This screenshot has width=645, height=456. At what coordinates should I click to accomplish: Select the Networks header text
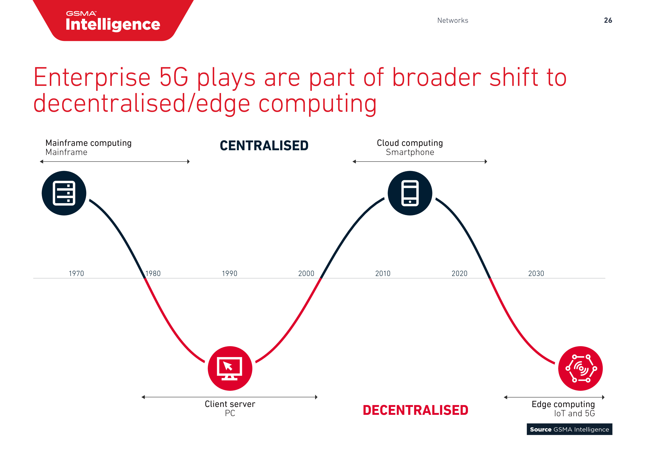(452, 21)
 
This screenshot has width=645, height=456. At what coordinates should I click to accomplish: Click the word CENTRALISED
(264, 146)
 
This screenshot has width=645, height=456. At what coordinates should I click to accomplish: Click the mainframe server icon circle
(64, 193)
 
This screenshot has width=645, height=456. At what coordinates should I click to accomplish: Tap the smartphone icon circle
(410, 193)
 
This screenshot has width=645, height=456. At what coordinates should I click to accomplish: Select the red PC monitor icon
(230, 368)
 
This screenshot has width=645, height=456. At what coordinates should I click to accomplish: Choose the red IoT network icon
(580, 368)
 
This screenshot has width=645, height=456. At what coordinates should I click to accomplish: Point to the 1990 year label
(229, 273)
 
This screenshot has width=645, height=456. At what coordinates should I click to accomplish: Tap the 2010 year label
(383, 273)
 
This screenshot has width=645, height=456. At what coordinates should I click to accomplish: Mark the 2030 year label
(536, 273)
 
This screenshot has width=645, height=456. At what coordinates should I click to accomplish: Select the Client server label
(230, 404)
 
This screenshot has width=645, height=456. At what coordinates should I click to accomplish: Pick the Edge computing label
(563, 404)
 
